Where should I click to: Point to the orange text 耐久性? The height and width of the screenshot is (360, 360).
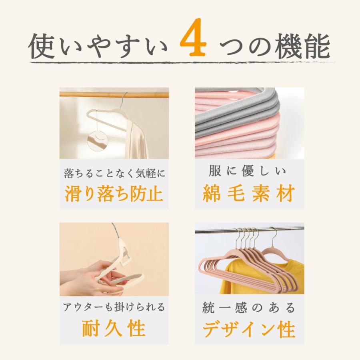point(114,329)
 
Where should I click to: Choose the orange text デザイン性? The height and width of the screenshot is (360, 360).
point(249,330)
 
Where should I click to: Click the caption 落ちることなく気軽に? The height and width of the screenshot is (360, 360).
point(114,173)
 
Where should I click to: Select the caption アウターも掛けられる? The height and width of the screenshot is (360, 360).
point(114,308)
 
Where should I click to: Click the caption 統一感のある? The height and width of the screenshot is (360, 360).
point(249,308)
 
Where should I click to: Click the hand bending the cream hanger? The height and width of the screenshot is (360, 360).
point(86,274)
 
